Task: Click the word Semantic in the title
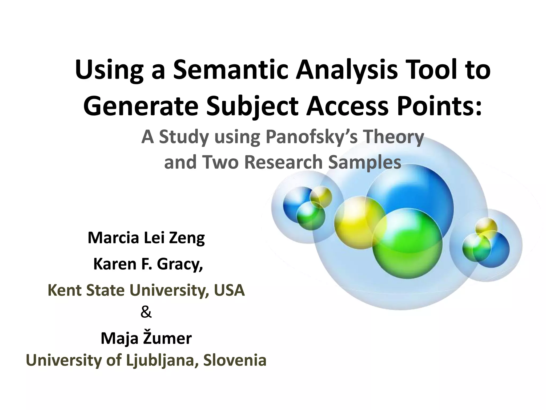pos(230,70)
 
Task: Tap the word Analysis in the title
pos(347,70)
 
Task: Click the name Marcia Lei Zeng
pos(146,238)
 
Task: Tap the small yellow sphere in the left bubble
pos(322,196)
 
